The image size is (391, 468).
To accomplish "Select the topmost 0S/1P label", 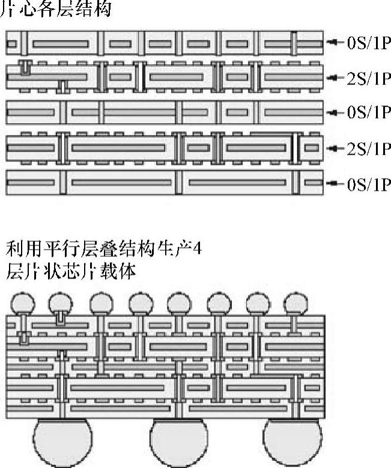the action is (x=368, y=43).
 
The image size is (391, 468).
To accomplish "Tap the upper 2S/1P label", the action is (x=368, y=77).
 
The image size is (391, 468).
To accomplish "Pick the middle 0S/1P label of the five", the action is (x=368, y=112).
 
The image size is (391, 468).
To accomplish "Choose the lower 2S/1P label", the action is (x=368, y=147).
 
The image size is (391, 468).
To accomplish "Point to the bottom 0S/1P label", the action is (x=368, y=182).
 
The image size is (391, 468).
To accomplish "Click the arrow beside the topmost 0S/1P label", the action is (x=335, y=43).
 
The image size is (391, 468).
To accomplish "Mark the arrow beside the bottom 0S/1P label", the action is (x=335, y=182).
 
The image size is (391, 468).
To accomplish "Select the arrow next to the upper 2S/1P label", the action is (x=335, y=77).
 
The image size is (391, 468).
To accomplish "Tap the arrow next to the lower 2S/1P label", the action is (x=335, y=147).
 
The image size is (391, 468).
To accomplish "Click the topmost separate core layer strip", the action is (x=163, y=44).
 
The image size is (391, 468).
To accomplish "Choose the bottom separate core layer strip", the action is (x=163, y=182).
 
